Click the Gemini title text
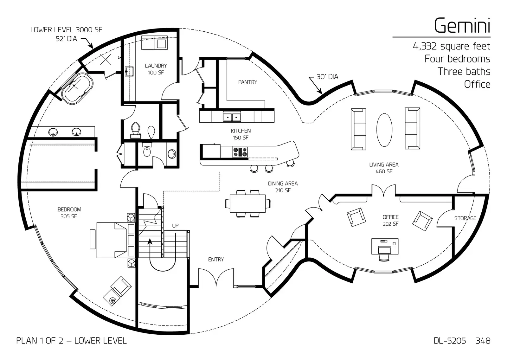coord(462,25)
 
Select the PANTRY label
coord(247,82)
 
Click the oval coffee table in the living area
coord(384,130)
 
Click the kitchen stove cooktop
coord(240,152)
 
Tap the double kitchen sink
coord(232,117)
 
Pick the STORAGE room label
coord(465,218)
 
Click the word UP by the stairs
coord(175,226)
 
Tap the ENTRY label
coord(216,260)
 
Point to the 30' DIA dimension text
coord(327,77)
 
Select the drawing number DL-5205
coord(450,341)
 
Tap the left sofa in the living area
coord(358,129)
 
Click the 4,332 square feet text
coord(451,46)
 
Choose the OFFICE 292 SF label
coord(390,220)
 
